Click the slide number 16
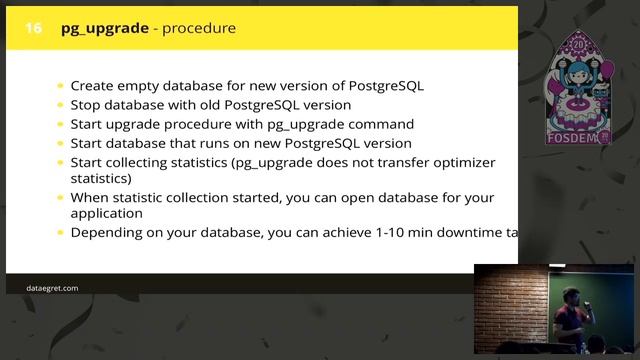pos(33,28)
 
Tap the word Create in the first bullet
pos(92,86)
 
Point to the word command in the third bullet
pos(385,124)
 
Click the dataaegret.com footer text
pos(52,288)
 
